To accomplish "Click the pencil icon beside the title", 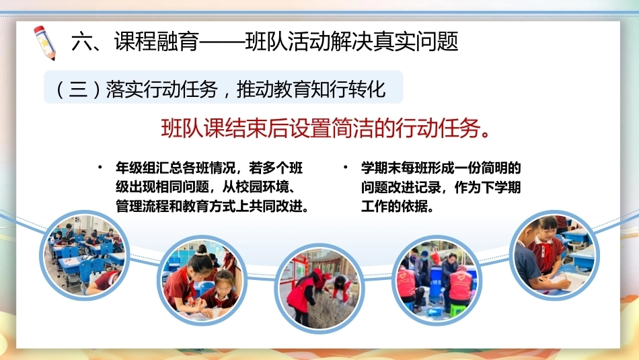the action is pyautogui.click(x=44, y=43).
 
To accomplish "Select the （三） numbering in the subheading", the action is pyautogui.click(x=77, y=89).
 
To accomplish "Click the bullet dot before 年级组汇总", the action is pyautogui.click(x=100, y=167).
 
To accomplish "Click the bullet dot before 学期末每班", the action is pyautogui.click(x=345, y=167).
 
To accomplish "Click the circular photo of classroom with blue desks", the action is pyautogui.click(x=84, y=255).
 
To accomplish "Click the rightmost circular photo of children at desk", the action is pyautogui.click(x=554, y=255).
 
